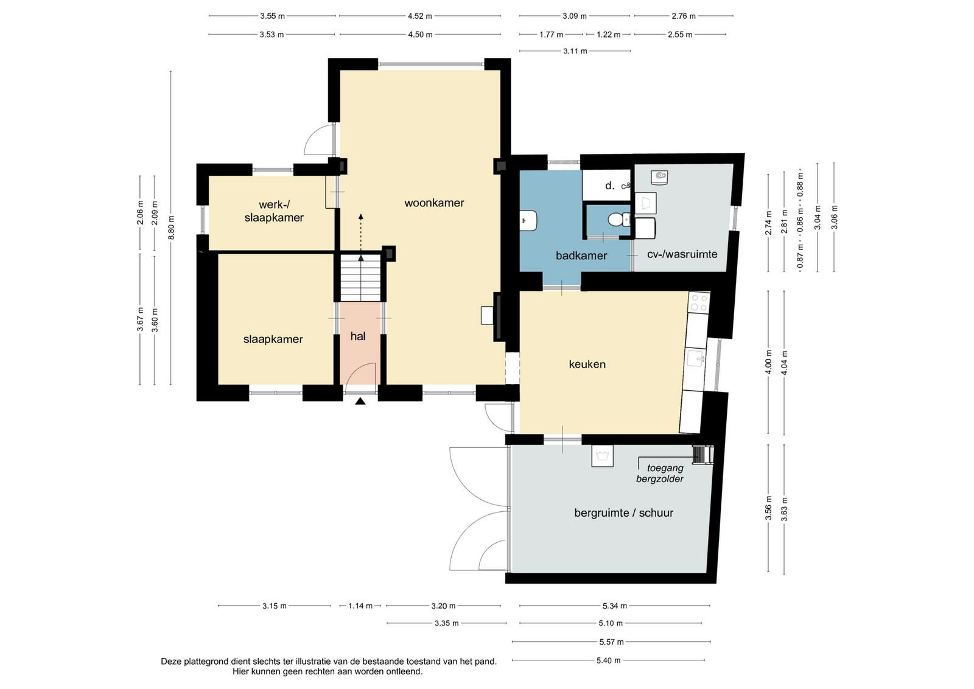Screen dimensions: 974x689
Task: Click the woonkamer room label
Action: [x=434, y=203]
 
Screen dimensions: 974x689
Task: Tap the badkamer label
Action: [x=581, y=256]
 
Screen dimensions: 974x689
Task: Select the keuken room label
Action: [x=587, y=364]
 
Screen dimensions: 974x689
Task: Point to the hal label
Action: [x=358, y=336]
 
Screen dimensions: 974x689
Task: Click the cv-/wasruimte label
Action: [x=682, y=254]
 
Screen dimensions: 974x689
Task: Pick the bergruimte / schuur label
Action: [x=623, y=513]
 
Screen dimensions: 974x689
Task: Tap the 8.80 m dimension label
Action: [x=171, y=228]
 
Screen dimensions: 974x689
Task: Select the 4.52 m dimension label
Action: [x=420, y=16]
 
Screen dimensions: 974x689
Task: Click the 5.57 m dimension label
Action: [x=611, y=642]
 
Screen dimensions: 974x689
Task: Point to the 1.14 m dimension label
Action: [x=360, y=606]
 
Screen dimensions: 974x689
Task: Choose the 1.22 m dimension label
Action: [x=608, y=34]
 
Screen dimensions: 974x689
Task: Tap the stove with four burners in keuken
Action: [x=699, y=303]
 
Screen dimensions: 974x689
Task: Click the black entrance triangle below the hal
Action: [x=360, y=401]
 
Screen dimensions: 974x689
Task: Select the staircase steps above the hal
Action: [x=360, y=278]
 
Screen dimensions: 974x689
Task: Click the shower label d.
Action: [x=609, y=186]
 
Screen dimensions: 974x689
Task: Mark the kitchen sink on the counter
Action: [x=696, y=358]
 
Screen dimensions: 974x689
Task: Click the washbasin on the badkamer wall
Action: [x=528, y=220]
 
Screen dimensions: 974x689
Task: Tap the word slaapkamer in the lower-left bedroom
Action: [x=273, y=339]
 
